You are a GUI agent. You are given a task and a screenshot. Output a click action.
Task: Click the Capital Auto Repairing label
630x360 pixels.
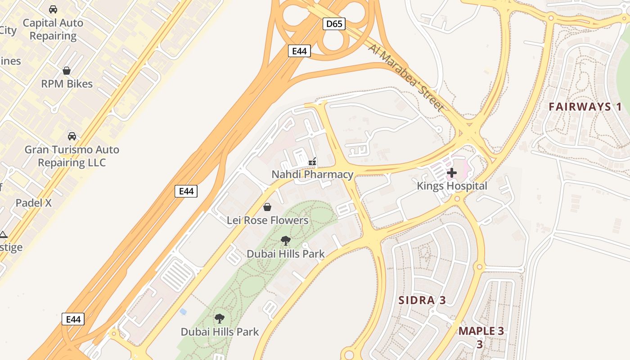point(53,29)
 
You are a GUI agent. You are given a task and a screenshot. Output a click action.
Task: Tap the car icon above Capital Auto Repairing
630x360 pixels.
point(53,9)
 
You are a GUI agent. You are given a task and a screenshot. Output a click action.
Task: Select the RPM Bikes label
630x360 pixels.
point(67,84)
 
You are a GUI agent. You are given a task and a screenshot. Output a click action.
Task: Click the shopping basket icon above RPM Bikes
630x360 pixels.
point(67,71)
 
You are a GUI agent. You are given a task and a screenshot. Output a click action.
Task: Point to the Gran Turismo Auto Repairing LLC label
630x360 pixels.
point(72,156)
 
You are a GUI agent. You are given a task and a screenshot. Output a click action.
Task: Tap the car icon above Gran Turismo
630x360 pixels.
point(72,136)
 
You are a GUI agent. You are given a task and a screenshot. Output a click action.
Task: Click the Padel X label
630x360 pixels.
point(34,203)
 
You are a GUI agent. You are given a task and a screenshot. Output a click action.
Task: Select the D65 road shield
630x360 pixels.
point(334,24)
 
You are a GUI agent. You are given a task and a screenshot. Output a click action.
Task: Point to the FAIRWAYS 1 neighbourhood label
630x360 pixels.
point(585,107)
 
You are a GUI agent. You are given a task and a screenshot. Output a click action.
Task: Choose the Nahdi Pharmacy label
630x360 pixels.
point(312,174)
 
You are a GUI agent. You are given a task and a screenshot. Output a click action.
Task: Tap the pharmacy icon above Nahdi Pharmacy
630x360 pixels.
point(312,161)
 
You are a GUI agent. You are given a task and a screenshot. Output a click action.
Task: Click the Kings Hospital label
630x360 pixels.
point(452,186)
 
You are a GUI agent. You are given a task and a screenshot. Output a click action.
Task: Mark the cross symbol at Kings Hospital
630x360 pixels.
point(452,172)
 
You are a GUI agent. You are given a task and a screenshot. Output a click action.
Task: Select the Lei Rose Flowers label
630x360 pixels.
point(267,220)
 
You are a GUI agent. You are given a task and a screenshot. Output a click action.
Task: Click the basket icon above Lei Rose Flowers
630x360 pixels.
point(267,207)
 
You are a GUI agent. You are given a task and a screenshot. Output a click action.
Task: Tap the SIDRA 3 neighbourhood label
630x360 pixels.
point(422,300)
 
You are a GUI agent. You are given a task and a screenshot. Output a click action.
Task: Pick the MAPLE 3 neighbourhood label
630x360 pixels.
point(481,332)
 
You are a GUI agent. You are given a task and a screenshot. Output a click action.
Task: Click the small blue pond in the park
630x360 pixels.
point(183,311)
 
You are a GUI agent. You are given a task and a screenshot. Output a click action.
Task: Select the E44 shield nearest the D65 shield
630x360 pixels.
point(299,51)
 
